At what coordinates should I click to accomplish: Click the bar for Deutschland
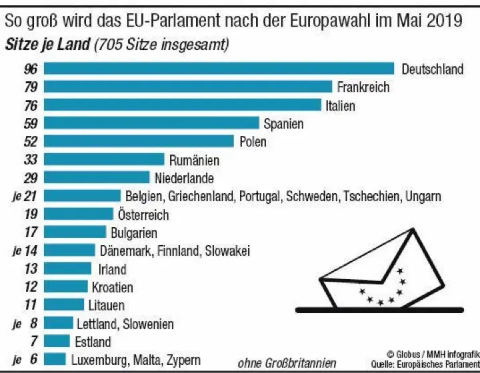pyautogui.click(x=220, y=69)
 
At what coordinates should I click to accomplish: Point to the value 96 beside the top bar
pyautogui.click(x=30, y=69)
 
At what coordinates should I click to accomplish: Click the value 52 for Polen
pyautogui.click(x=30, y=141)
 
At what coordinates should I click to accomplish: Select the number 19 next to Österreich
pyautogui.click(x=30, y=214)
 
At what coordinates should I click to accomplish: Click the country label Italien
pyautogui.click(x=340, y=105)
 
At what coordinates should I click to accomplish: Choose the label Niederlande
pyautogui.click(x=184, y=178)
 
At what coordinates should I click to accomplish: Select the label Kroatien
pyautogui.click(x=112, y=287)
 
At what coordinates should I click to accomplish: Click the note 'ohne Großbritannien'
pyautogui.click(x=287, y=363)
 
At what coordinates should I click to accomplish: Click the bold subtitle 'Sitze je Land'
pyautogui.click(x=46, y=45)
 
